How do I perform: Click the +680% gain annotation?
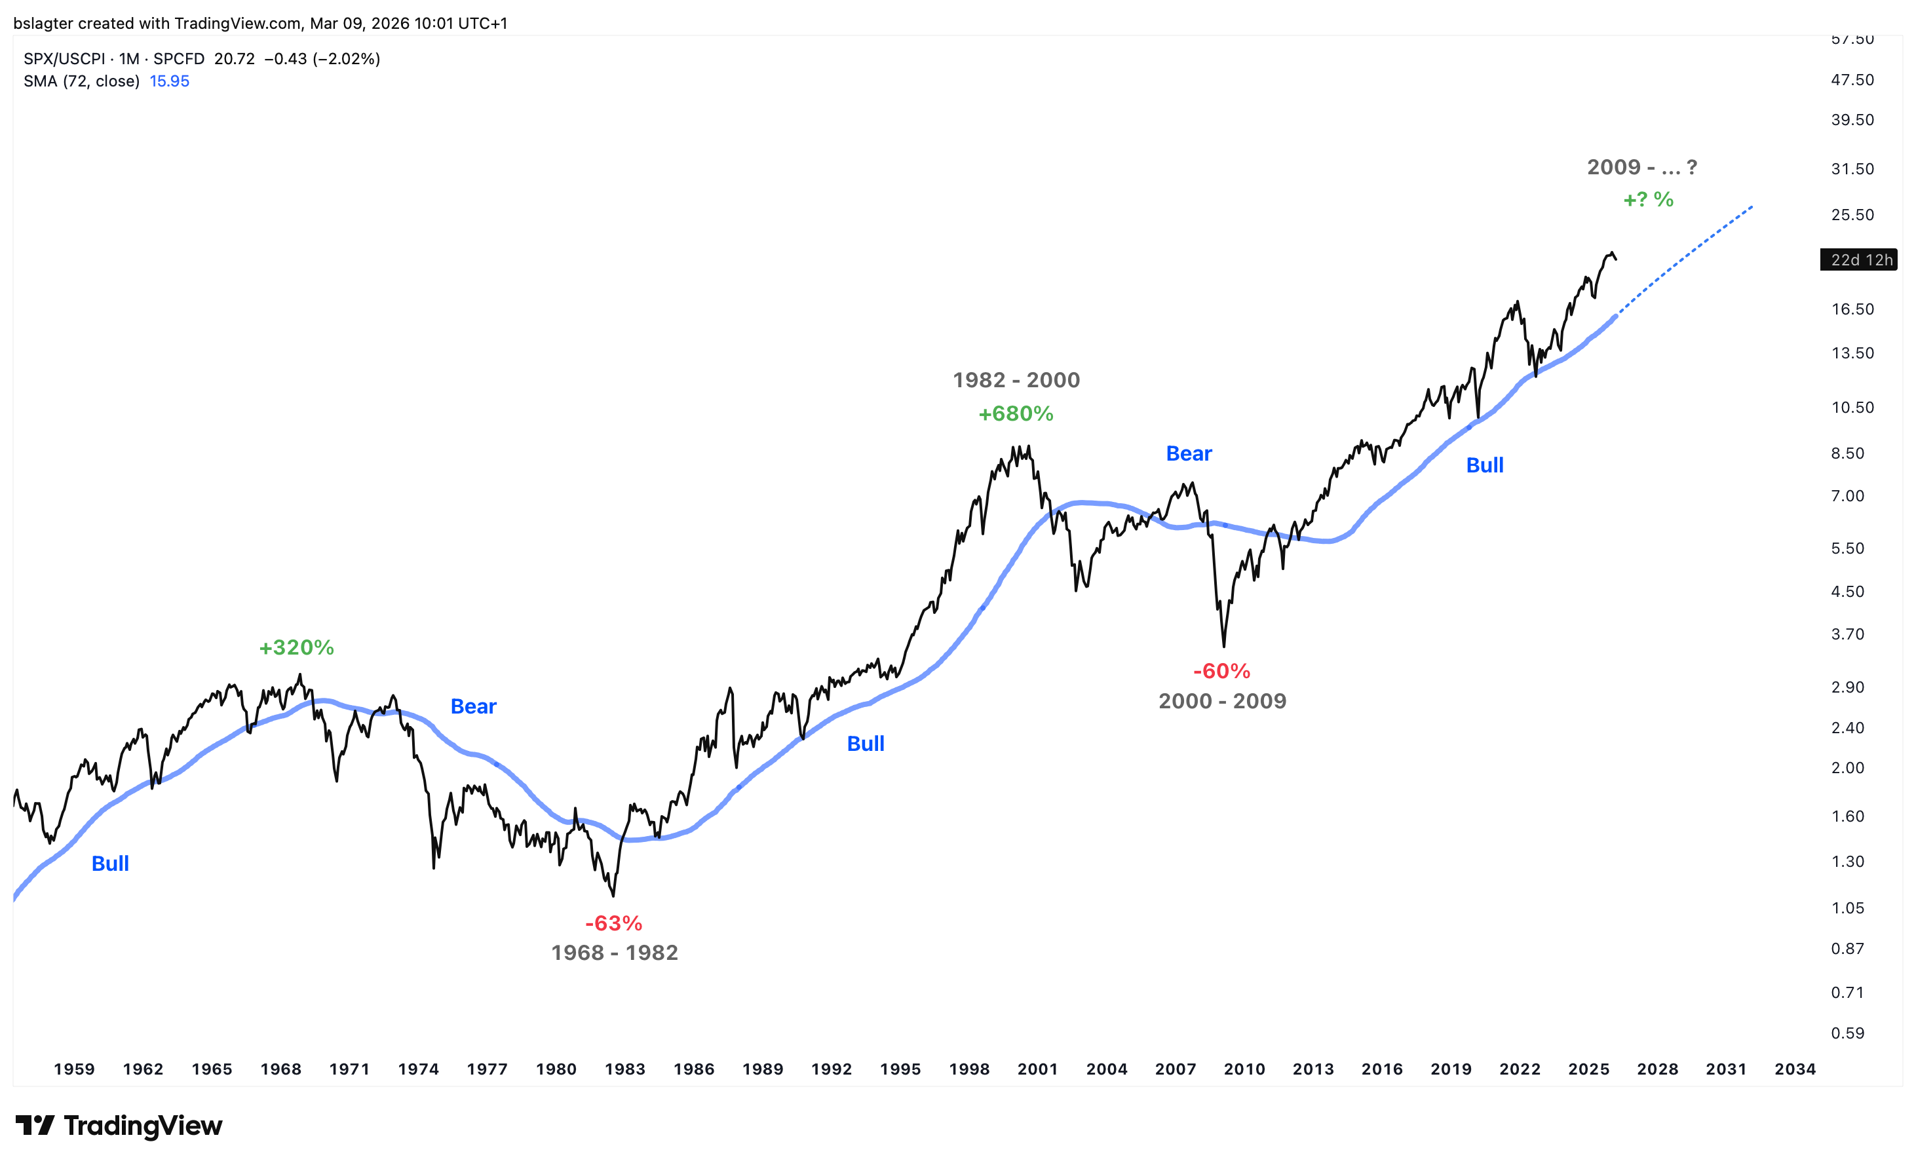1016,413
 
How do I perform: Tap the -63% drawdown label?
613,923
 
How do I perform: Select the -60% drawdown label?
1221,670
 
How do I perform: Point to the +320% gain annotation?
296,647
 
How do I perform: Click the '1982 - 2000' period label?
1016,379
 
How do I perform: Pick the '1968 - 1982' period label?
614,953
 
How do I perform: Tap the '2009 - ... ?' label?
1641,167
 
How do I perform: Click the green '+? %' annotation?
1648,200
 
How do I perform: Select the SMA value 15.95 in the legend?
170,81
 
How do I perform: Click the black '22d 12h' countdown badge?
1861,259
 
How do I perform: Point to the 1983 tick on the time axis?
625,1069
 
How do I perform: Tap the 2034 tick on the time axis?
1795,1069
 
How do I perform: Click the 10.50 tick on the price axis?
1852,408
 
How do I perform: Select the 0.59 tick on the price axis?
1848,1033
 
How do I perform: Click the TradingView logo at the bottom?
119,1125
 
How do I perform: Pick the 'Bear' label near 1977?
474,706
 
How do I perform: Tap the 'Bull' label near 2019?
1484,465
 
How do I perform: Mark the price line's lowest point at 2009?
1223,645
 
